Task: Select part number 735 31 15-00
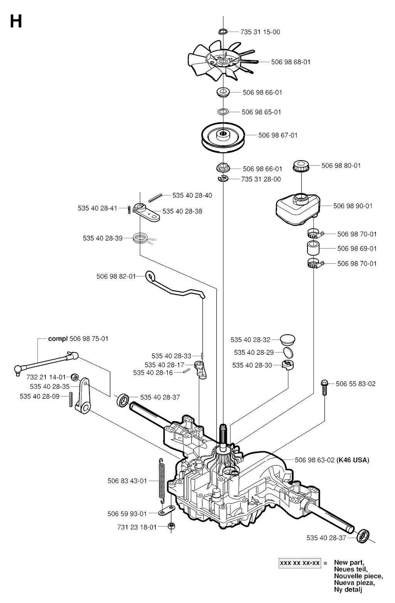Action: tap(260, 32)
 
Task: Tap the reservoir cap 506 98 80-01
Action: tap(302, 166)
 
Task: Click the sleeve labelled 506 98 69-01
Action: tap(314, 248)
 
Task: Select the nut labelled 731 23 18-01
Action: tap(171, 526)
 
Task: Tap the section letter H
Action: tap(16, 22)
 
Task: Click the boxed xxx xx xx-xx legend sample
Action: tap(300, 563)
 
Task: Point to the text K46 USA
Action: tap(353, 460)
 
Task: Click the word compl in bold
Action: tap(58, 339)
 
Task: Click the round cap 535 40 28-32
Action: tap(287, 340)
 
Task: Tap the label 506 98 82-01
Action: tap(116, 276)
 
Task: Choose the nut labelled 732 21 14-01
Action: tap(75, 377)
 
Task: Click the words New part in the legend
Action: tap(349, 562)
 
